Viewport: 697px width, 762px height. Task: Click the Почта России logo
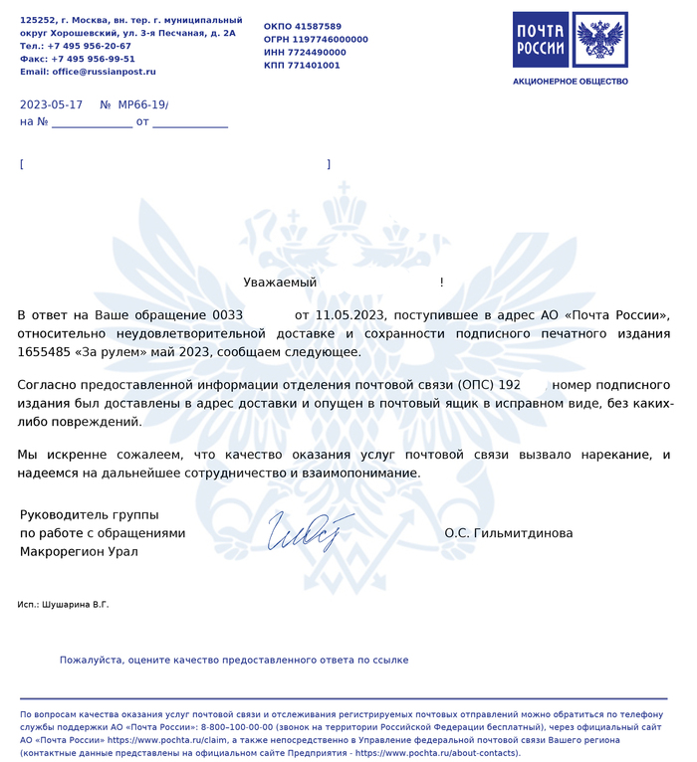tap(570, 39)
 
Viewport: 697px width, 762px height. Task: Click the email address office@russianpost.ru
tap(105, 72)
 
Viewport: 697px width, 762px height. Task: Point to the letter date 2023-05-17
tap(51, 104)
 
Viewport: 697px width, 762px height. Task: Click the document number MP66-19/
tap(143, 104)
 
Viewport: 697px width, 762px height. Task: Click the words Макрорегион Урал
tap(79, 551)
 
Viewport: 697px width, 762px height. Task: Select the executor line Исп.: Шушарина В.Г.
tap(64, 605)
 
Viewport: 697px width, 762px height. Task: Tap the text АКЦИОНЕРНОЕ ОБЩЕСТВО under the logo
tap(570, 81)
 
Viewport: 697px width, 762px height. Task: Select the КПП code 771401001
tap(316, 65)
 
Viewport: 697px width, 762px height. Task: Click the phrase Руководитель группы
tap(84, 514)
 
